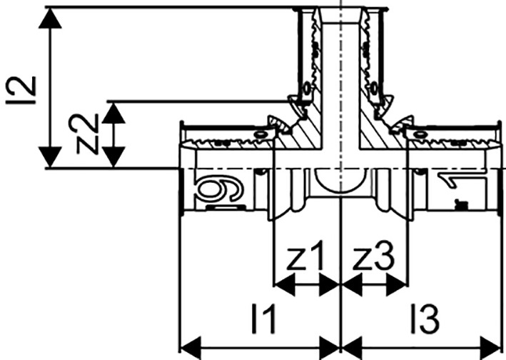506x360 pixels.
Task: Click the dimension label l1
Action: [264, 319]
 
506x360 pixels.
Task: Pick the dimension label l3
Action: [425, 319]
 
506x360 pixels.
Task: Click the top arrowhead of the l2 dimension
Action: [50, 18]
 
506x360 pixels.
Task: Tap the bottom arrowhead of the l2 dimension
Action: [50, 157]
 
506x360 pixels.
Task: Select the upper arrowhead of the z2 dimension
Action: [113, 113]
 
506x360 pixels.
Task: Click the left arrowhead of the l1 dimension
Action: [191, 348]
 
